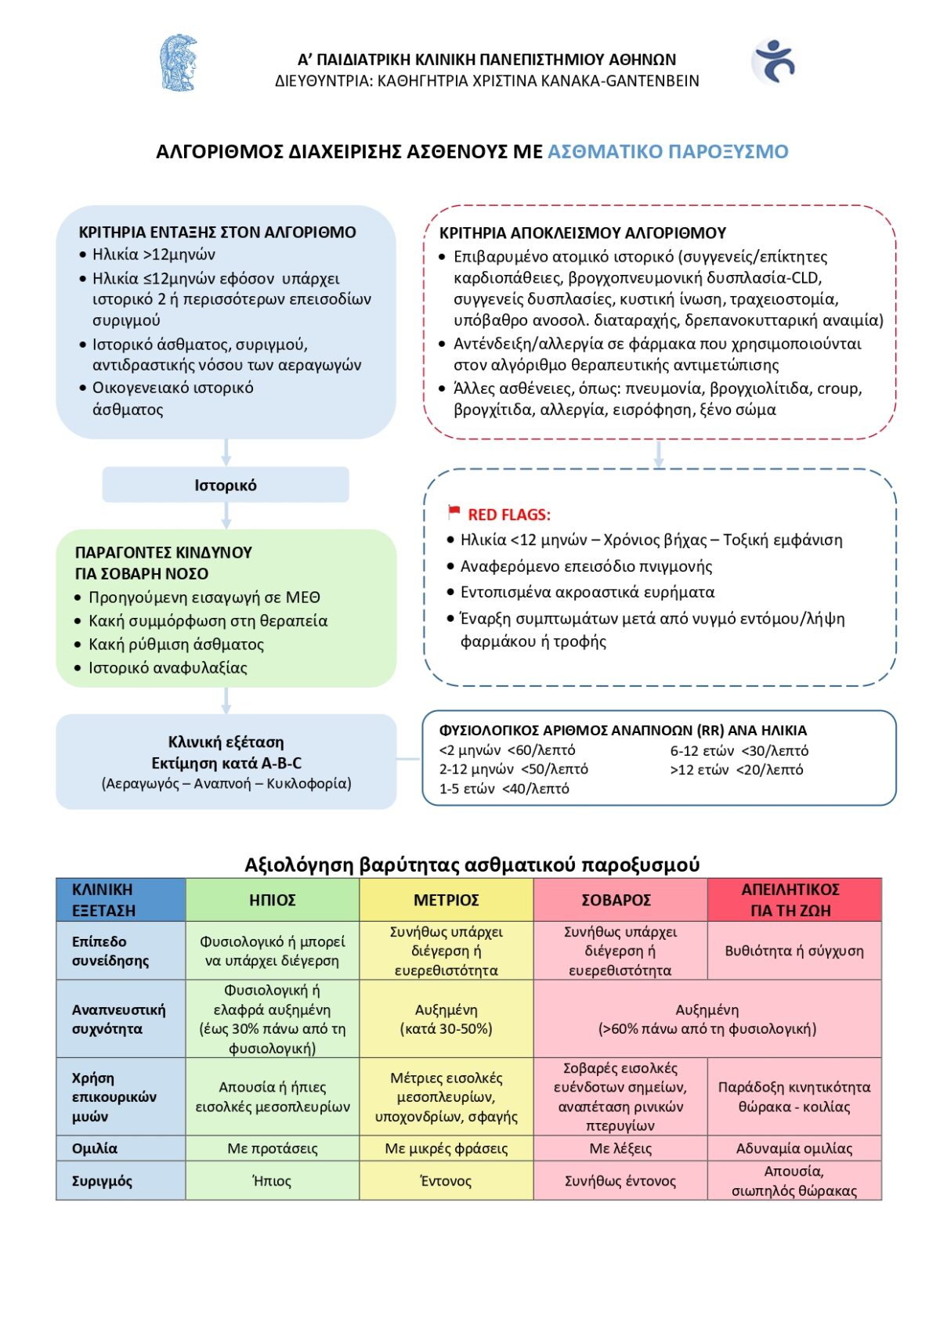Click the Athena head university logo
(178, 63)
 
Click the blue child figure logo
(774, 61)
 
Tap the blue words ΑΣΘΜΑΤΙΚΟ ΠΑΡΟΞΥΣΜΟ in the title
(667, 151)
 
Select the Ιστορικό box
(226, 485)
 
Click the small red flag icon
(454, 512)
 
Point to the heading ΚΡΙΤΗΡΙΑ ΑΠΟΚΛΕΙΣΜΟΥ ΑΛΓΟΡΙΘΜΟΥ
(582, 233)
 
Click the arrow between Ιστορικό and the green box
(226, 515)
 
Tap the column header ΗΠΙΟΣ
(272, 900)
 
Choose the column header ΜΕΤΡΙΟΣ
(446, 900)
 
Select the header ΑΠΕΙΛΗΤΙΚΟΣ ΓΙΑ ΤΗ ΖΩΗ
(790, 900)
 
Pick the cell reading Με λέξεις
(620, 1148)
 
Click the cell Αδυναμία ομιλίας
(794, 1148)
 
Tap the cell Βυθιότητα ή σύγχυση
(794, 951)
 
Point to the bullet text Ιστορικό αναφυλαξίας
(168, 667)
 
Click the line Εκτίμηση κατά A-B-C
(226, 763)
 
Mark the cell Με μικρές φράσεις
(446, 1148)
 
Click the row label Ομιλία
(95, 1148)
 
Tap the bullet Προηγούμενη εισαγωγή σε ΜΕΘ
(204, 598)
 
